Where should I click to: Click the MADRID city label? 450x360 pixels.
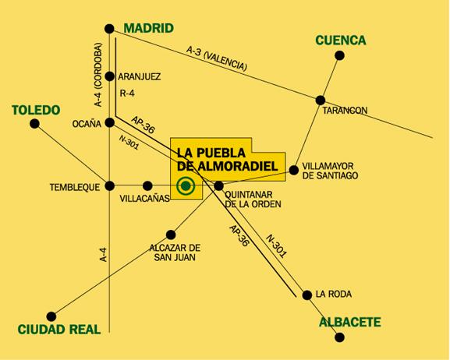point(148,28)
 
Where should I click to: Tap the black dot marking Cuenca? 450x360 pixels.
point(339,55)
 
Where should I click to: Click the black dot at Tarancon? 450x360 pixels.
point(321,100)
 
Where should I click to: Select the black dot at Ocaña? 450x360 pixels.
point(110,122)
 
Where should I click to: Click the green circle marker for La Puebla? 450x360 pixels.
point(186,185)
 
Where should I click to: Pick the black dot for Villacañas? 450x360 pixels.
point(147,185)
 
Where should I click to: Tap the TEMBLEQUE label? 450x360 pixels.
point(76,187)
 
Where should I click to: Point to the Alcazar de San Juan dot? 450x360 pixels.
point(172,234)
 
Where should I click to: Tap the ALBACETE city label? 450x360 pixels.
point(349,321)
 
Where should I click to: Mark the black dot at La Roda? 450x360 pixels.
point(305,294)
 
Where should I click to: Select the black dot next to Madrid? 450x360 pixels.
point(110,30)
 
